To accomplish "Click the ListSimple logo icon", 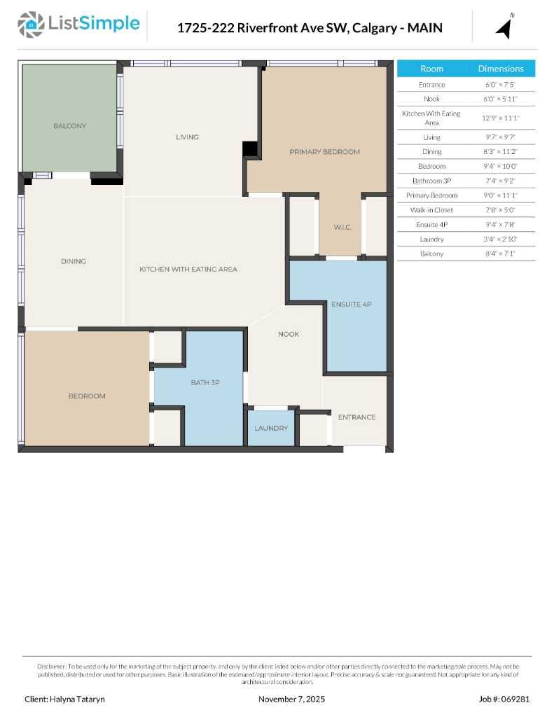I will pyautogui.click(x=30, y=25).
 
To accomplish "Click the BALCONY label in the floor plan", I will pyautogui.click(x=69, y=126).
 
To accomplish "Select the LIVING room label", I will pyautogui.click(x=187, y=137).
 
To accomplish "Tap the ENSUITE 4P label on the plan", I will pyautogui.click(x=351, y=305).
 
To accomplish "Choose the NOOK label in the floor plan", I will pyautogui.click(x=288, y=334).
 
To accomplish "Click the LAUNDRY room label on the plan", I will pyautogui.click(x=271, y=428).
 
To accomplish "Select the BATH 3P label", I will pyautogui.click(x=206, y=382).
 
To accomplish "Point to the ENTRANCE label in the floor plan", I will pyautogui.click(x=356, y=417).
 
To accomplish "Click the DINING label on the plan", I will pyautogui.click(x=73, y=261).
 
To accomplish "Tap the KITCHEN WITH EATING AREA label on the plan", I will pyautogui.click(x=188, y=269).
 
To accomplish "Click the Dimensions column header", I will pyautogui.click(x=500, y=69).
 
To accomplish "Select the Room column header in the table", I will pyautogui.click(x=431, y=69).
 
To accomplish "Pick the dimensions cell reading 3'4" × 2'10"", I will pyautogui.click(x=500, y=239).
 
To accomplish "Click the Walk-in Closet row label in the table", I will pyautogui.click(x=431, y=210).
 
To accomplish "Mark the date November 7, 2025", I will pyautogui.click(x=291, y=699).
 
